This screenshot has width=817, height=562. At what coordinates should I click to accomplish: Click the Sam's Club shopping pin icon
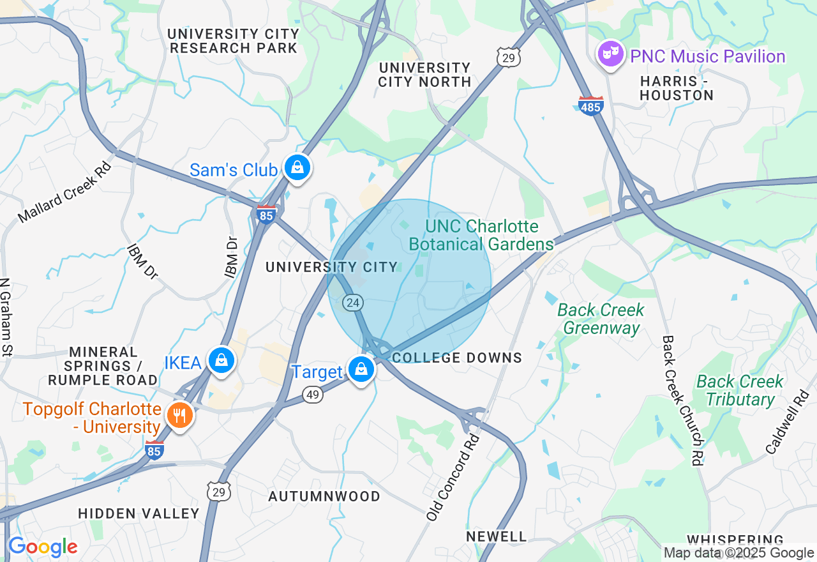(297, 168)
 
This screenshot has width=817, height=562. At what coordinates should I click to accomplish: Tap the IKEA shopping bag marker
(221, 360)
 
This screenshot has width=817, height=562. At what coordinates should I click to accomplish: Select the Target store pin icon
(361, 369)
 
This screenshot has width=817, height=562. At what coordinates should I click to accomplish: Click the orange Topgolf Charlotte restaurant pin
(180, 416)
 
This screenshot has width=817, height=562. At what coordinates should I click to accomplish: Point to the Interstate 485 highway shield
(590, 105)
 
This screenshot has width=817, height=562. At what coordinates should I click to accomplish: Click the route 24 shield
(353, 301)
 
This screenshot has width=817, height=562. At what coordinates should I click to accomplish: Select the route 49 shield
(312, 395)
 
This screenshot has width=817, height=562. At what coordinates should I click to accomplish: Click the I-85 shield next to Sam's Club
(266, 215)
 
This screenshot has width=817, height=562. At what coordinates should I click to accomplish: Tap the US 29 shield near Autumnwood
(219, 490)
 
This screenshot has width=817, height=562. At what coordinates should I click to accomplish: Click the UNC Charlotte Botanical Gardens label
(482, 235)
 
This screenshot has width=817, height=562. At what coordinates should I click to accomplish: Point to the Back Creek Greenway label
(601, 319)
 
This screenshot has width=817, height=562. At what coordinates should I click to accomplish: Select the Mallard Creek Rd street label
(64, 192)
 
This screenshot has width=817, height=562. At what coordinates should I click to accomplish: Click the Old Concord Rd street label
(453, 478)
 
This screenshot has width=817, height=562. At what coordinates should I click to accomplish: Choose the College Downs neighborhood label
(457, 358)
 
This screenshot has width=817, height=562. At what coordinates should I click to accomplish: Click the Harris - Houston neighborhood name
(676, 88)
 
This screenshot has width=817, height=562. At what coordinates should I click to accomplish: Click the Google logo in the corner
(42, 547)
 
